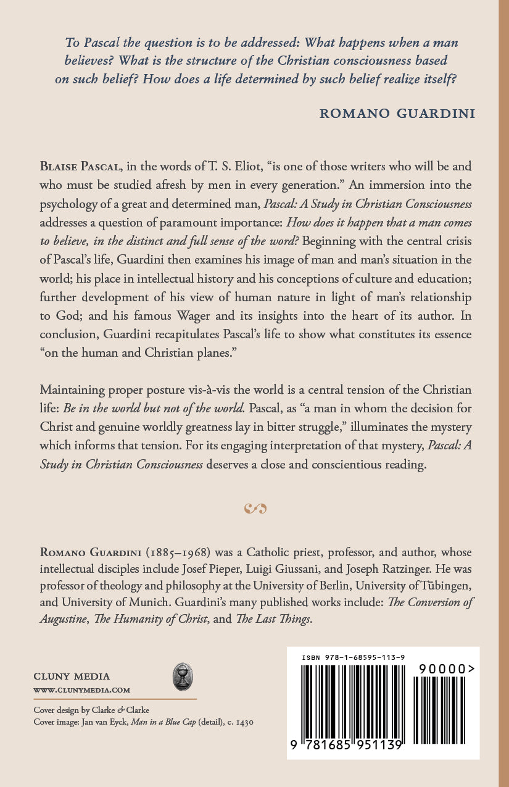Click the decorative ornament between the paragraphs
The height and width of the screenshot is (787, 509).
click(255, 509)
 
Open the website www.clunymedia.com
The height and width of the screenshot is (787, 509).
click(81, 689)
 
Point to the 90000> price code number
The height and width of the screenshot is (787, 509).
click(446, 668)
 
